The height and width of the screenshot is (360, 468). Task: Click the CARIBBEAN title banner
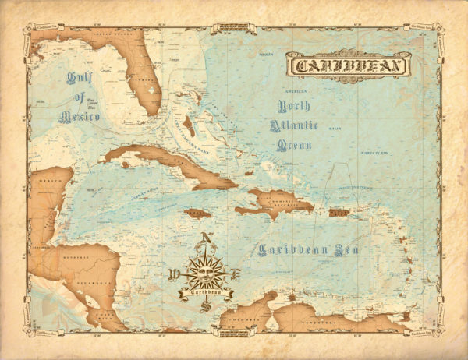347,65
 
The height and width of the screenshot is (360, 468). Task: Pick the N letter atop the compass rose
206,239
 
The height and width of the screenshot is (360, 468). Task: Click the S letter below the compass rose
206,306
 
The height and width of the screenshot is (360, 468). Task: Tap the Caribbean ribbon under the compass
206,292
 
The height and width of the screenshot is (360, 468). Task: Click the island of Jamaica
198,213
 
